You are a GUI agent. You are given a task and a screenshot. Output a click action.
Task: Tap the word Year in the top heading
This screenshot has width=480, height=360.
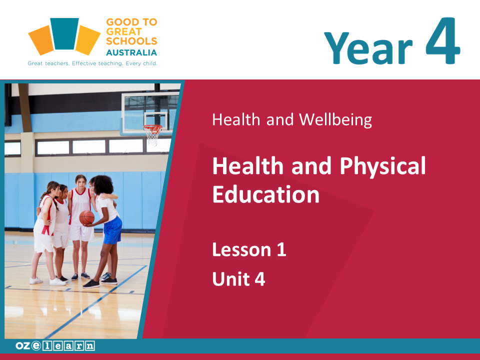[x=368, y=48]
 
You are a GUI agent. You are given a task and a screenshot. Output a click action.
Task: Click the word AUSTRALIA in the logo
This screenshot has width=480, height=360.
[x=131, y=52]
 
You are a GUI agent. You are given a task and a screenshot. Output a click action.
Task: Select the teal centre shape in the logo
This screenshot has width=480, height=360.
[x=64, y=33]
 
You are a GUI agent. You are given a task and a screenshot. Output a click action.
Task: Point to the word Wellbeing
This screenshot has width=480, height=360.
[x=335, y=119]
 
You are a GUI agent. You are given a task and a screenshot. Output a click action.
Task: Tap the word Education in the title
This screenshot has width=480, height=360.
[x=266, y=194]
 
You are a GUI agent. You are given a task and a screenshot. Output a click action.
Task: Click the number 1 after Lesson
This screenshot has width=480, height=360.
[x=281, y=250]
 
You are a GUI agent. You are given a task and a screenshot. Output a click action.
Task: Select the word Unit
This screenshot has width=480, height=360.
[x=231, y=279]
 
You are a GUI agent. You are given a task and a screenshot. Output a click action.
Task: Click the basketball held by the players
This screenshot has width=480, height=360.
[x=87, y=217]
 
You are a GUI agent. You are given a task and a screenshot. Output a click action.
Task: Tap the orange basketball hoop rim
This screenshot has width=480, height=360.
[x=152, y=127]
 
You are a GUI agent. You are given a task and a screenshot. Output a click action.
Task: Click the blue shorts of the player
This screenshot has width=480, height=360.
[x=112, y=230]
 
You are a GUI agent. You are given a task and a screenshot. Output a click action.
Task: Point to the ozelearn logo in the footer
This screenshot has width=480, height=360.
[x=55, y=345]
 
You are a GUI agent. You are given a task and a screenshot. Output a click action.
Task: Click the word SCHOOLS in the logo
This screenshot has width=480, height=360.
[x=131, y=41]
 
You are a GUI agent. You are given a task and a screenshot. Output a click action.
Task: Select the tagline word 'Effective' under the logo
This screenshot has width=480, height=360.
[x=84, y=63]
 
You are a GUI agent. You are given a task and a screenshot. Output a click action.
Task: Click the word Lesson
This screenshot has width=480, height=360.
[x=242, y=250]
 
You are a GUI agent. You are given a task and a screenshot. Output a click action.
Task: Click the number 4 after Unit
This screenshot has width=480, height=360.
[x=260, y=279]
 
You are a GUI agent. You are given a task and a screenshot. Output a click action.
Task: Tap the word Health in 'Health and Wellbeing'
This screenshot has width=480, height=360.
[x=236, y=119]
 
